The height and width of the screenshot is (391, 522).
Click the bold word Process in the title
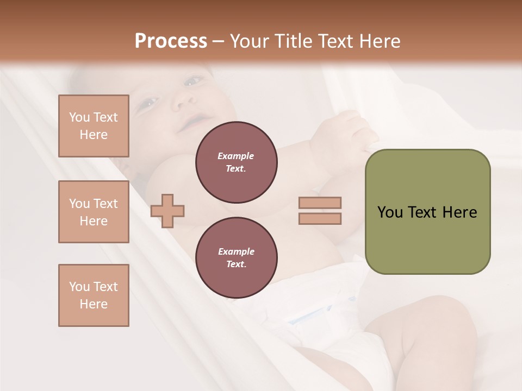pyautogui.click(x=171, y=41)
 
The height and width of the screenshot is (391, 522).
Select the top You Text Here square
pyautogui.click(x=94, y=126)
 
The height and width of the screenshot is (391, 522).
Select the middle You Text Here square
pyautogui.click(x=94, y=212)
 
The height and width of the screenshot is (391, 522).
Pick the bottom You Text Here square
pyautogui.click(x=94, y=295)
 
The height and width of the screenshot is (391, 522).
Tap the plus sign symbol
pyautogui.click(x=167, y=211)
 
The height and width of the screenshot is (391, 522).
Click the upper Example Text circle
pyautogui.click(x=237, y=162)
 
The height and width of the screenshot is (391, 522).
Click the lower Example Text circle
pyautogui.click(x=237, y=258)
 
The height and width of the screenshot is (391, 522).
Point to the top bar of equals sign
pyautogui.click(x=320, y=203)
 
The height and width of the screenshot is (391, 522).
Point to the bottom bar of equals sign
pyautogui.click(x=320, y=219)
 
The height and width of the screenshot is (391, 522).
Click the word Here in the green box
pyautogui.click(x=459, y=212)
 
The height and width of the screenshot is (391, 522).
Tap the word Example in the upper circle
pyautogui.click(x=236, y=156)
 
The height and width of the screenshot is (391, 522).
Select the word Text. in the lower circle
pyautogui.click(x=236, y=264)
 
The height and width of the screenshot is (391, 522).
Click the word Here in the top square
pyautogui.click(x=94, y=135)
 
